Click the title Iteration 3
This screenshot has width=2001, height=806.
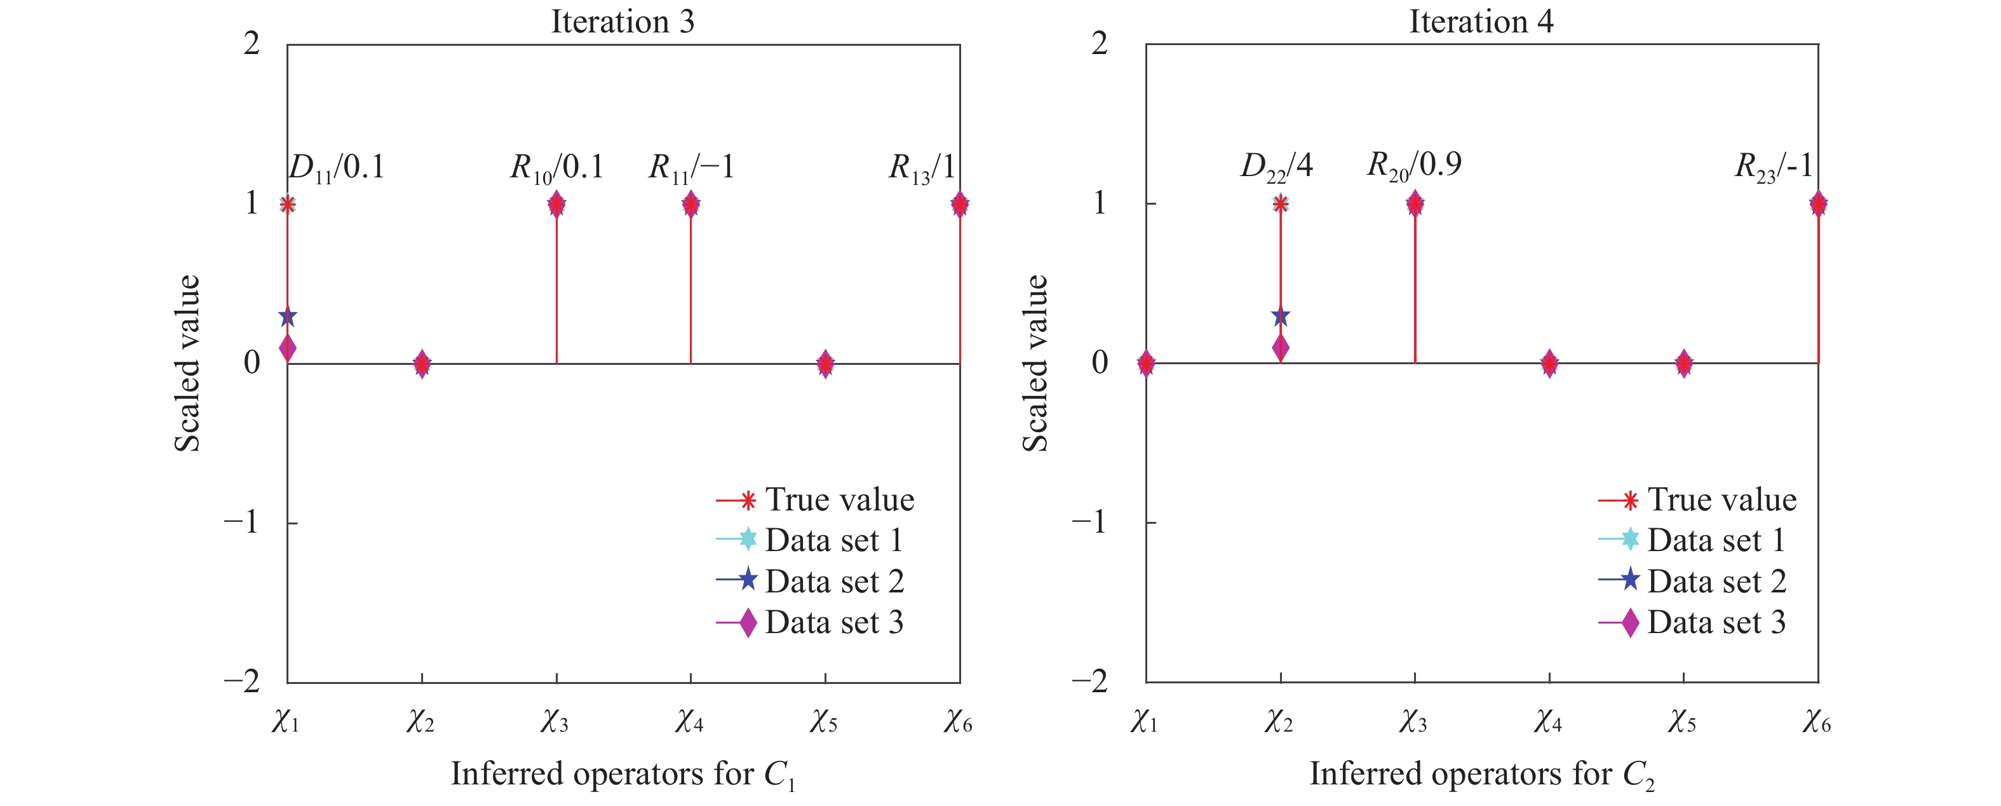tap(622, 21)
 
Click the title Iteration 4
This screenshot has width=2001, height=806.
tap(1481, 21)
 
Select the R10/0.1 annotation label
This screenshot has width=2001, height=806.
tap(556, 168)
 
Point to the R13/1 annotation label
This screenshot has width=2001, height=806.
tap(921, 168)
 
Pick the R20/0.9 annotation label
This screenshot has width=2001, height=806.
tap(1414, 165)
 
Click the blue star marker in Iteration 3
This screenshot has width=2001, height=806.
tap(287, 317)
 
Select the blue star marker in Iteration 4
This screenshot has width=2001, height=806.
tap(1280, 317)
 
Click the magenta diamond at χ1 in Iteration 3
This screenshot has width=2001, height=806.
tap(287, 348)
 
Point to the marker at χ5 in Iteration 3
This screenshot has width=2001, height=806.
tap(825, 363)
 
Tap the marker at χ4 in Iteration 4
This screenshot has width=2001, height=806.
tap(1549, 363)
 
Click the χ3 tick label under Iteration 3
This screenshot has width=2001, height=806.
tap(555, 722)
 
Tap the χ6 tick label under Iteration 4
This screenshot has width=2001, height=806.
tap(1817, 722)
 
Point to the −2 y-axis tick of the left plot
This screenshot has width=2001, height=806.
tap(243, 681)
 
